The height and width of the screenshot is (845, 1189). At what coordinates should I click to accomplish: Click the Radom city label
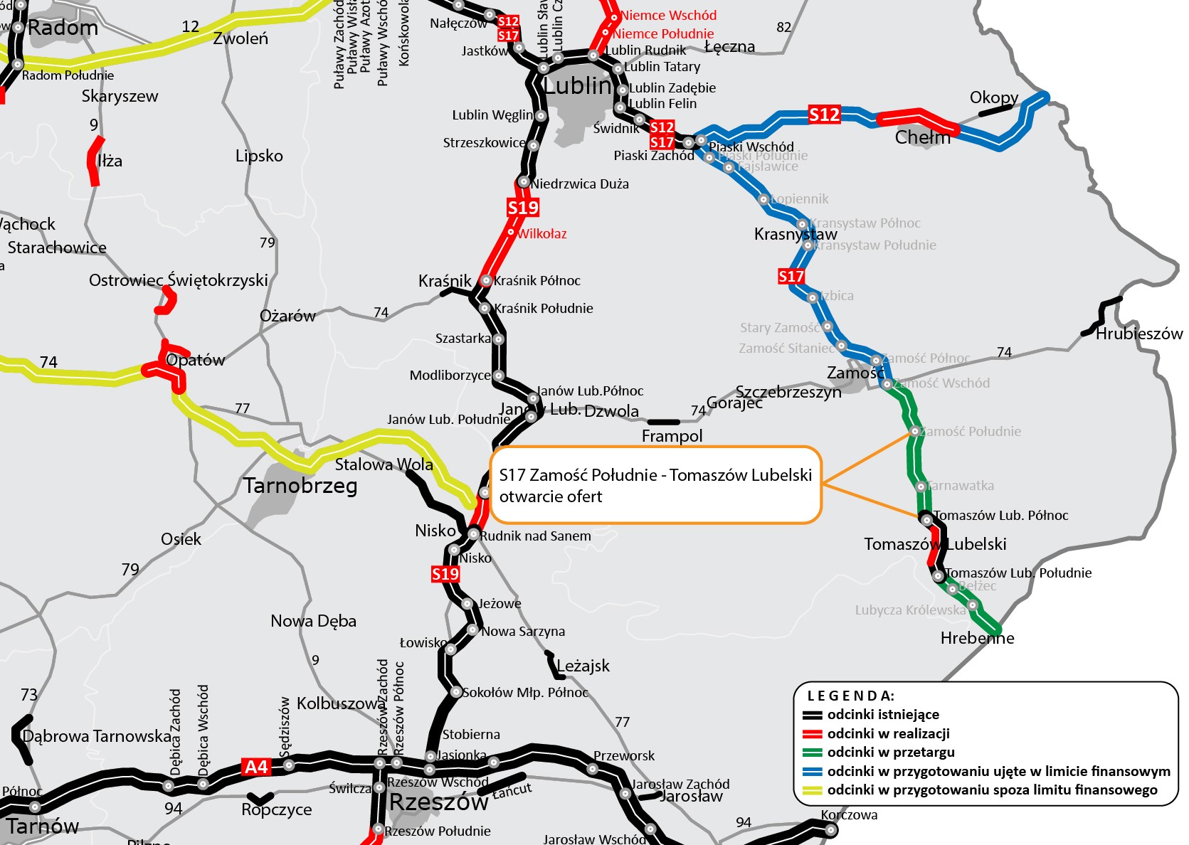tap(63, 28)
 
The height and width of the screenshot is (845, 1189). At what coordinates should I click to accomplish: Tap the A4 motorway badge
tap(256, 767)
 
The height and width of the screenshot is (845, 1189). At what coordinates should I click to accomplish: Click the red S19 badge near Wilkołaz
tap(523, 208)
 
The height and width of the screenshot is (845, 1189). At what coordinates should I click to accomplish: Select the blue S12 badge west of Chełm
tap(824, 115)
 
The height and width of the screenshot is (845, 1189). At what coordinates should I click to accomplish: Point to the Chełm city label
tap(922, 137)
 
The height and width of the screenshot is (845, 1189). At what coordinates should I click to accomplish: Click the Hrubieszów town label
tap(1138, 334)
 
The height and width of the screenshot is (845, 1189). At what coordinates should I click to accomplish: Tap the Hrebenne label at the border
tap(977, 638)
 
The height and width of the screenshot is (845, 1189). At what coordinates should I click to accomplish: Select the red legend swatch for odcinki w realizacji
tap(812, 734)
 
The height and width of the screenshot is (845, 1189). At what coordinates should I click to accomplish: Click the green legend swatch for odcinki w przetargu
tap(812, 753)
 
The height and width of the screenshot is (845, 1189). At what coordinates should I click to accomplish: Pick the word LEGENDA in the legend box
tap(850, 696)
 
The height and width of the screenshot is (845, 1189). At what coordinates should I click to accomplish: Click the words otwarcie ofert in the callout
tap(551, 496)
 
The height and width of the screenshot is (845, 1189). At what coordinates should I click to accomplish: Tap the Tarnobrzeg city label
tap(300, 486)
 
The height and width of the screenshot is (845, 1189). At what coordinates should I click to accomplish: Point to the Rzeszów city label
tap(438, 802)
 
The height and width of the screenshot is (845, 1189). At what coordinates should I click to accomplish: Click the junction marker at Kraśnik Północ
tap(486, 281)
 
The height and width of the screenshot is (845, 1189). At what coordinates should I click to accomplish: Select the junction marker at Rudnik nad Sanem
tap(473, 533)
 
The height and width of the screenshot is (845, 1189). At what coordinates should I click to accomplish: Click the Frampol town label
tap(672, 436)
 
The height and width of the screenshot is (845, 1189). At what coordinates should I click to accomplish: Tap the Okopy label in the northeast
tap(993, 97)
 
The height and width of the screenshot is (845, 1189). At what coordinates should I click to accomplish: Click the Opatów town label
tap(196, 360)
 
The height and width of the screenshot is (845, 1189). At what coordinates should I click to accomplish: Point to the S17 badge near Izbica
tap(791, 276)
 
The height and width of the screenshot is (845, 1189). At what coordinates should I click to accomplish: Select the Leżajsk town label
tap(583, 666)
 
